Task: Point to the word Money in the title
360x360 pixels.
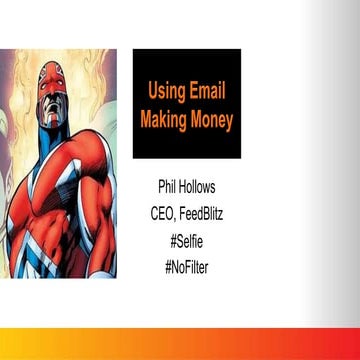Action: (212, 120)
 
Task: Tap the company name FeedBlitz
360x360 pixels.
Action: (203, 211)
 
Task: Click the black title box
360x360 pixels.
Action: (187, 104)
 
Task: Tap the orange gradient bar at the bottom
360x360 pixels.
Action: (180, 343)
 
